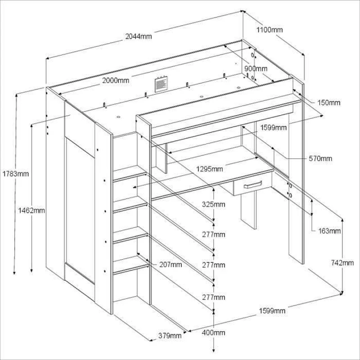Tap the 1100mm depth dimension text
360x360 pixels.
270,30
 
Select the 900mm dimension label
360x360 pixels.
256,68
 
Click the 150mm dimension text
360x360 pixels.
328,103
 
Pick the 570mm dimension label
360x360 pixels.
320,158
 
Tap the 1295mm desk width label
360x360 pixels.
210,169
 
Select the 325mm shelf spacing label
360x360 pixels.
213,204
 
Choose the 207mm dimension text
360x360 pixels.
171,265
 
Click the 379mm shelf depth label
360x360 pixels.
170,335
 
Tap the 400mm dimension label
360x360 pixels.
213,333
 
